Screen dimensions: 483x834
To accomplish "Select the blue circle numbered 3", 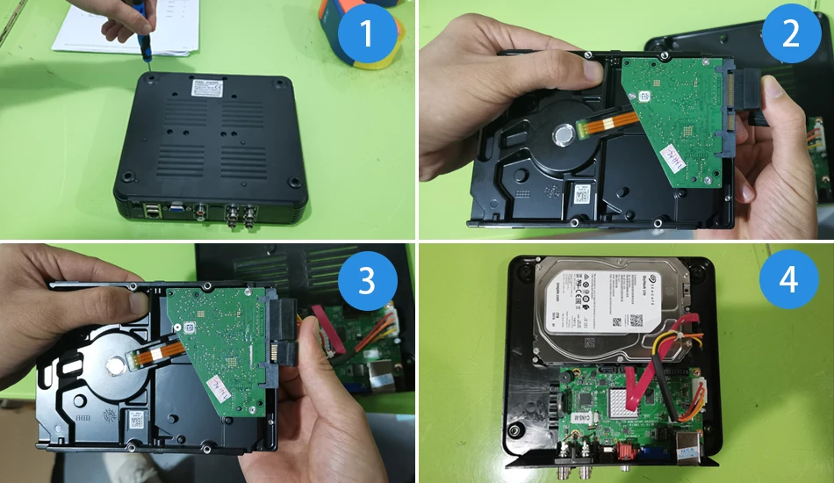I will pos(367,282).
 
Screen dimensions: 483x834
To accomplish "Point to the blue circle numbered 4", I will pos(788,281).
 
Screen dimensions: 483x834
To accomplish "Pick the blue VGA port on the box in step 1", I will pos(176,210).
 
